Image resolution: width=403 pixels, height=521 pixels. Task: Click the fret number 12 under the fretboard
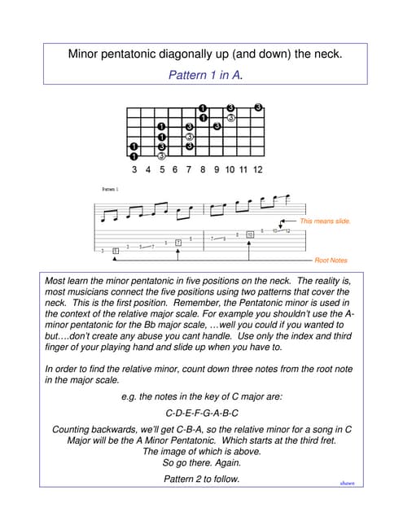(x=257, y=169)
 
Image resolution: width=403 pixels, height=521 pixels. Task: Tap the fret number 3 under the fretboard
(x=134, y=169)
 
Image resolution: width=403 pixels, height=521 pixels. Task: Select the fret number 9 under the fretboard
(x=217, y=169)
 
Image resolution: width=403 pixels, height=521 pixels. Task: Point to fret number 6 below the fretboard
(x=175, y=169)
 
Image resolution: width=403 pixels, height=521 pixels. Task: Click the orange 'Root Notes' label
(x=331, y=260)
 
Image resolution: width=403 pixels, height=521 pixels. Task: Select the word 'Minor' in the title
(x=88, y=55)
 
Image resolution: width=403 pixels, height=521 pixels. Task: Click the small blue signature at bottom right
(x=347, y=483)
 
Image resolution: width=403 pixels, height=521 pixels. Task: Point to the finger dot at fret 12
(x=258, y=107)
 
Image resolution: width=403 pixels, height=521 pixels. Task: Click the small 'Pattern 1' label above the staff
(x=110, y=189)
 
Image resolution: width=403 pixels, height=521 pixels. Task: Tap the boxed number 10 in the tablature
(x=249, y=234)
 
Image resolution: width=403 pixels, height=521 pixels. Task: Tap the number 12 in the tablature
(x=287, y=231)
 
